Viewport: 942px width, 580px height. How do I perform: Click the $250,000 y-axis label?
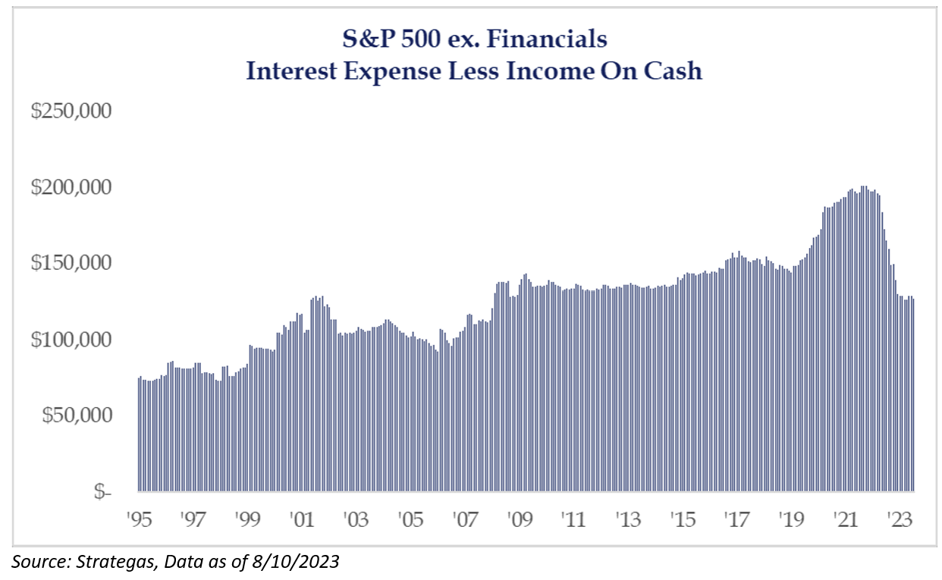coord(71,111)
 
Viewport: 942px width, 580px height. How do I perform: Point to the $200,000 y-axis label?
coord(71,187)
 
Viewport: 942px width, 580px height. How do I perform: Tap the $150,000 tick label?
coord(71,263)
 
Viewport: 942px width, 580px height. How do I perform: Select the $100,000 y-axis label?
coord(71,340)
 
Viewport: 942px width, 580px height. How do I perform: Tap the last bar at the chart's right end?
coord(913,395)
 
